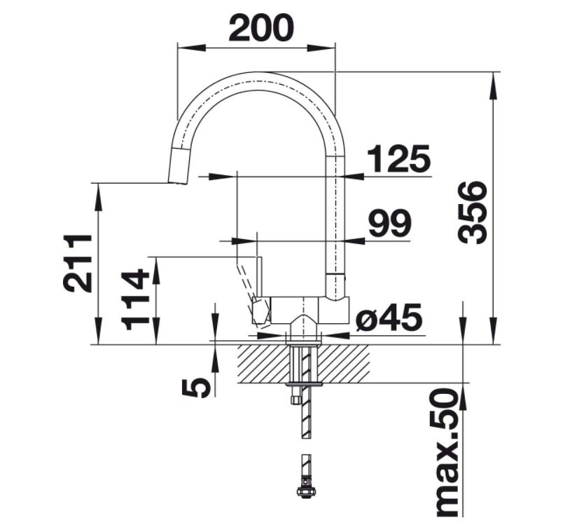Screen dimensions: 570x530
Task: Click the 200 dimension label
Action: pos(261,27)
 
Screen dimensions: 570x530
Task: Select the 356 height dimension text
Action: pos(472,212)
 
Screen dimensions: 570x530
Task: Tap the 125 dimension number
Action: pos(398,158)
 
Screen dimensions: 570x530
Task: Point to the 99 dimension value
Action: pos(390,223)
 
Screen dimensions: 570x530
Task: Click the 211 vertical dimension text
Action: pos(78,263)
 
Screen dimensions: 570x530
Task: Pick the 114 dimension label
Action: pos(135,299)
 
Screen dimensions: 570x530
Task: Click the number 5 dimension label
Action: pos(196,388)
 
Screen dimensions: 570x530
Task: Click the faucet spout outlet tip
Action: pos(178,183)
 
